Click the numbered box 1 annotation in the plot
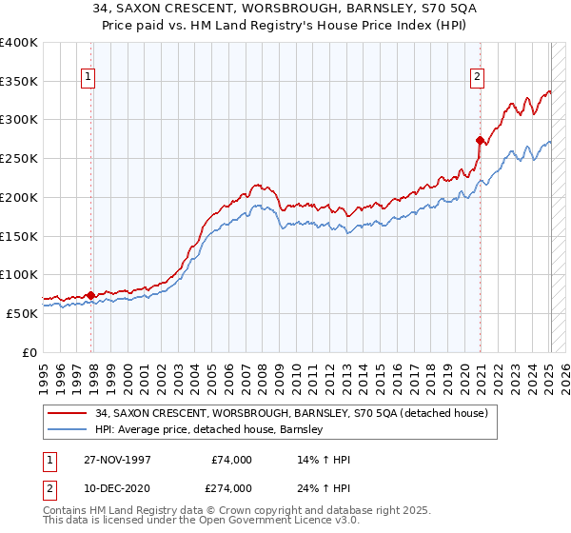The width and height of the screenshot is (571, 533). pos(88,78)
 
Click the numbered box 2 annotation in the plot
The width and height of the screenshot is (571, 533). pos(476,78)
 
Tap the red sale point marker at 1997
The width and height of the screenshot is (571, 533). pos(91,295)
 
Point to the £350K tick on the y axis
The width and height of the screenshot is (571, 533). pos(19,82)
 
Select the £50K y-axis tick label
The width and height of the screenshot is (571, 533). pos(23,312)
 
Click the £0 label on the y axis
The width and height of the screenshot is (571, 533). pos(30,351)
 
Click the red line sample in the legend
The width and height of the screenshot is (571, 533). pos(69,413)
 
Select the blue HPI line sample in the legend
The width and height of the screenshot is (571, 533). pos(69,429)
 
